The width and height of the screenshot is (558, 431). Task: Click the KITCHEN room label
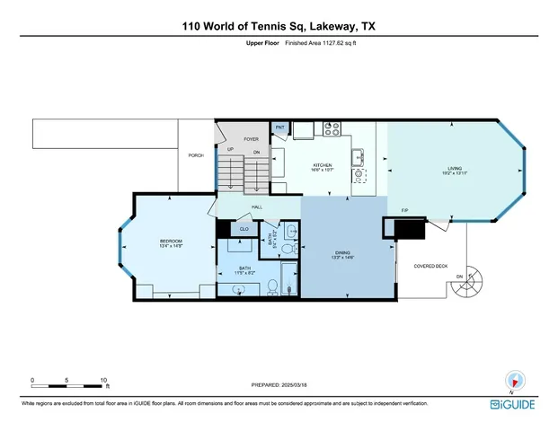323,166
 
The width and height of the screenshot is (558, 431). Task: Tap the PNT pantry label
279,128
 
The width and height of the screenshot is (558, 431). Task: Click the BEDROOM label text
171,242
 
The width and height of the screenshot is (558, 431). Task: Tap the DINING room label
342,253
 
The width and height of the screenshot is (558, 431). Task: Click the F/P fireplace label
404,211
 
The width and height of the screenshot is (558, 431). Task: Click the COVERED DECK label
430,267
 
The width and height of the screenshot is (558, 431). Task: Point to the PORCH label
195,155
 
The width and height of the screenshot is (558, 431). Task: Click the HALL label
256,207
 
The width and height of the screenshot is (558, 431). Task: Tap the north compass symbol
515,381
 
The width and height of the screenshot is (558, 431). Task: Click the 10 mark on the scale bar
104,380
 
